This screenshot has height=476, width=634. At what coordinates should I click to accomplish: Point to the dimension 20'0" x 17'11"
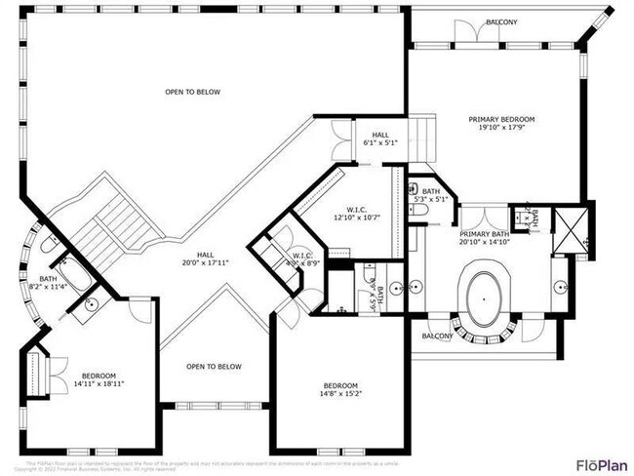205,261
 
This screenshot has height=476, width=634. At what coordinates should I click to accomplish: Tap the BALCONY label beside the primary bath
437,336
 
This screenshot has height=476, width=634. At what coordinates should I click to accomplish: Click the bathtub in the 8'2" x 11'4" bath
72,273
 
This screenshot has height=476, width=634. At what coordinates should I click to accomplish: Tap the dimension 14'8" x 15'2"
340,394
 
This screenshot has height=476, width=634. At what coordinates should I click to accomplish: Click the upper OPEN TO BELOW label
192,93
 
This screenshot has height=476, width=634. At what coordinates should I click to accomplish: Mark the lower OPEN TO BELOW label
214,367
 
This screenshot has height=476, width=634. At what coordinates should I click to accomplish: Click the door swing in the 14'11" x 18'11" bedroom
141,310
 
